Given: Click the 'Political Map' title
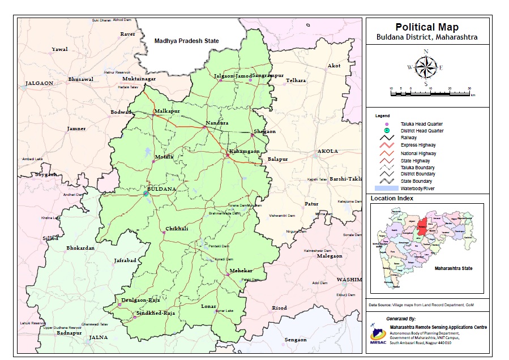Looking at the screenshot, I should tap(426, 27).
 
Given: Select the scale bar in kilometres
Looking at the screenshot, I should tap(430, 92).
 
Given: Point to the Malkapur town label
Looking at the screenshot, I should tap(167, 111).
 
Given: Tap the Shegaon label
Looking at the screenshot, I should tap(264, 131).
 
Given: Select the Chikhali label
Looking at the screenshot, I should tap(177, 229).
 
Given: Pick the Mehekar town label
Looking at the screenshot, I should tap(241, 271).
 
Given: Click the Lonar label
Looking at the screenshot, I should tap(209, 306).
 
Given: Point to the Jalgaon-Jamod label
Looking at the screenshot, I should tap(232, 76).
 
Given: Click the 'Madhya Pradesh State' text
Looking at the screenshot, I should tap(186, 41).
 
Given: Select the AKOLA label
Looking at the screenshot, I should tap(327, 152).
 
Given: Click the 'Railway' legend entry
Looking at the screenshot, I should tap(409, 138).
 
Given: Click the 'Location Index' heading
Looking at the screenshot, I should tap(392, 199).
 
